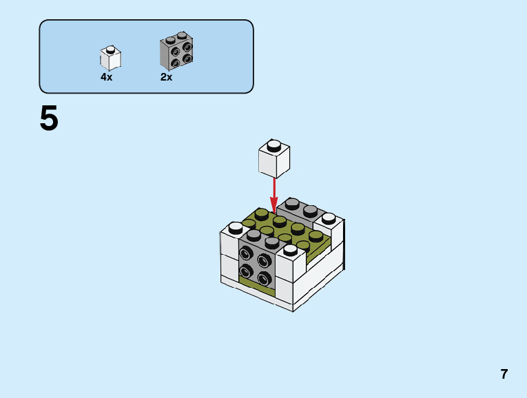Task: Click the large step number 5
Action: point(49,118)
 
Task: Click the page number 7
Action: point(504,374)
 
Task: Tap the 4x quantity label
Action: point(106,77)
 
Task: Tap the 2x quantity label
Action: point(166,77)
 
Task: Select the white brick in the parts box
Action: point(110,58)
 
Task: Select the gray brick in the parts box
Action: point(176,52)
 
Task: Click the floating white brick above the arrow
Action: point(273,160)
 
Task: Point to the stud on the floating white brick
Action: point(273,145)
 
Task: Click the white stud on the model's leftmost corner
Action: point(235,227)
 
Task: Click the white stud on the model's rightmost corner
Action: point(329,219)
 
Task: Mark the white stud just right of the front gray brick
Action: point(290,249)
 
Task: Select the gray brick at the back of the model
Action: point(300,209)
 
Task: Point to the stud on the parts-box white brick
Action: point(110,49)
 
